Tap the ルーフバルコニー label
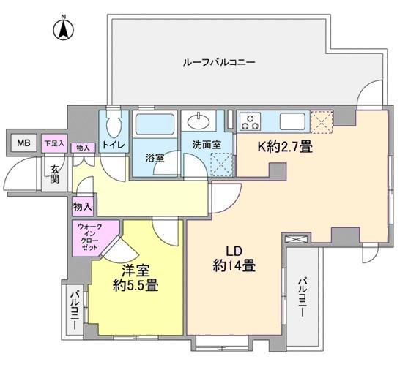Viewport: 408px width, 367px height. pos(218,63)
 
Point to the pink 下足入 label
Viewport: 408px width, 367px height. pos(53,142)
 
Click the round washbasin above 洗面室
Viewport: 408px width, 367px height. pos(199,121)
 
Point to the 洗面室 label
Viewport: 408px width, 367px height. pos(207,145)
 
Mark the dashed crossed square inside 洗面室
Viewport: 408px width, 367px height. pos(219,165)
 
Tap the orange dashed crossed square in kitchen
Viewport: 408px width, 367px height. pos(322,119)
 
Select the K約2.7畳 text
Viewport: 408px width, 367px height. pos(284,147)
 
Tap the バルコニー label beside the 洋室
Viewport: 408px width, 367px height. pos(75,311)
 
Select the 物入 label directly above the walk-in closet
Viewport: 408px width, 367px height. pos(82,207)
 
